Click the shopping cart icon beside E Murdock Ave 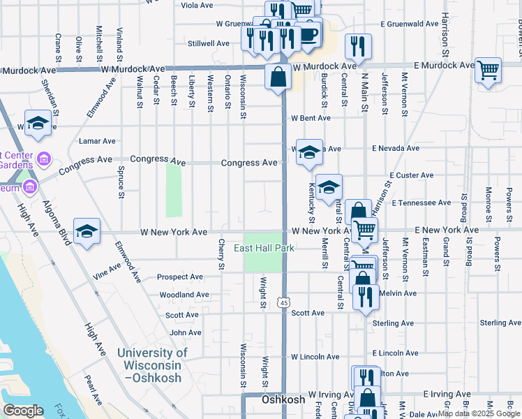[488, 70]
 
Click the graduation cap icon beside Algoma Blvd [86, 231]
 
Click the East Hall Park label [264, 248]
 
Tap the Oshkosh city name [283, 400]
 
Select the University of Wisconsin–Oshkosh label [152, 365]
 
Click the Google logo [22, 411]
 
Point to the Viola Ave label [197, 5]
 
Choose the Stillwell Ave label [209, 43]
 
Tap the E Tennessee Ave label [421, 203]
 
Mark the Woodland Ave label [184, 295]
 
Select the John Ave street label [185, 333]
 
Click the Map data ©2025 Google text [479, 413]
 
